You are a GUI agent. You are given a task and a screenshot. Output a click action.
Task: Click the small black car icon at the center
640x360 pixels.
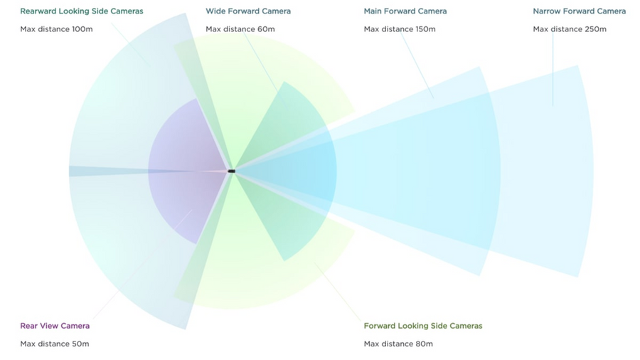(x=231, y=171)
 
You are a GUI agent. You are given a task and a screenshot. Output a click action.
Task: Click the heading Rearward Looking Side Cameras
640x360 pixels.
(x=82, y=11)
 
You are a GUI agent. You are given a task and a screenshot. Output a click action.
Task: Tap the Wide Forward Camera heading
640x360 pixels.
(x=248, y=11)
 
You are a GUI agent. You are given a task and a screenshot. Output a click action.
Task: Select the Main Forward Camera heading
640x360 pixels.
(x=405, y=11)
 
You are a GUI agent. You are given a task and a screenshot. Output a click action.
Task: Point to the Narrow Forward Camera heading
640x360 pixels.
(x=579, y=11)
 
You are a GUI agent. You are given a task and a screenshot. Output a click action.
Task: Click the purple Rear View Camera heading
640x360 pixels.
(x=55, y=326)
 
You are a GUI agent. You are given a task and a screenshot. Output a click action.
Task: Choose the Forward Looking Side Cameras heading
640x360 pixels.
(x=423, y=326)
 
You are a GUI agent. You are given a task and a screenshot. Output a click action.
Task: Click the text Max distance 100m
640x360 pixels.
(x=56, y=29)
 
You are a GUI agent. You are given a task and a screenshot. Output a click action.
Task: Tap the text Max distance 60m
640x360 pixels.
(x=240, y=29)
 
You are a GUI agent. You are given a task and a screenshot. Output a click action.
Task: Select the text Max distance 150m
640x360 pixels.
(x=400, y=29)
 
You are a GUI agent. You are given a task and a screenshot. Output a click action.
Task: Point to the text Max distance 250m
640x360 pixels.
(x=570, y=29)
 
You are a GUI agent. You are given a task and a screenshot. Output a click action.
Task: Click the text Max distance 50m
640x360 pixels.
(x=54, y=344)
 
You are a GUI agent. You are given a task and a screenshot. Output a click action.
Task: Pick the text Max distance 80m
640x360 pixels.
(x=398, y=344)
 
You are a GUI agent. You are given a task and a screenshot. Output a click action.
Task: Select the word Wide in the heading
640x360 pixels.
(x=214, y=11)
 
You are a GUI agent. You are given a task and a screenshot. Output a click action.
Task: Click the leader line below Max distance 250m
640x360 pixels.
(x=553, y=70)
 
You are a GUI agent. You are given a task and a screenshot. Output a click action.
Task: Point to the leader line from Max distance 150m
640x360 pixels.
(x=417, y=65)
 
